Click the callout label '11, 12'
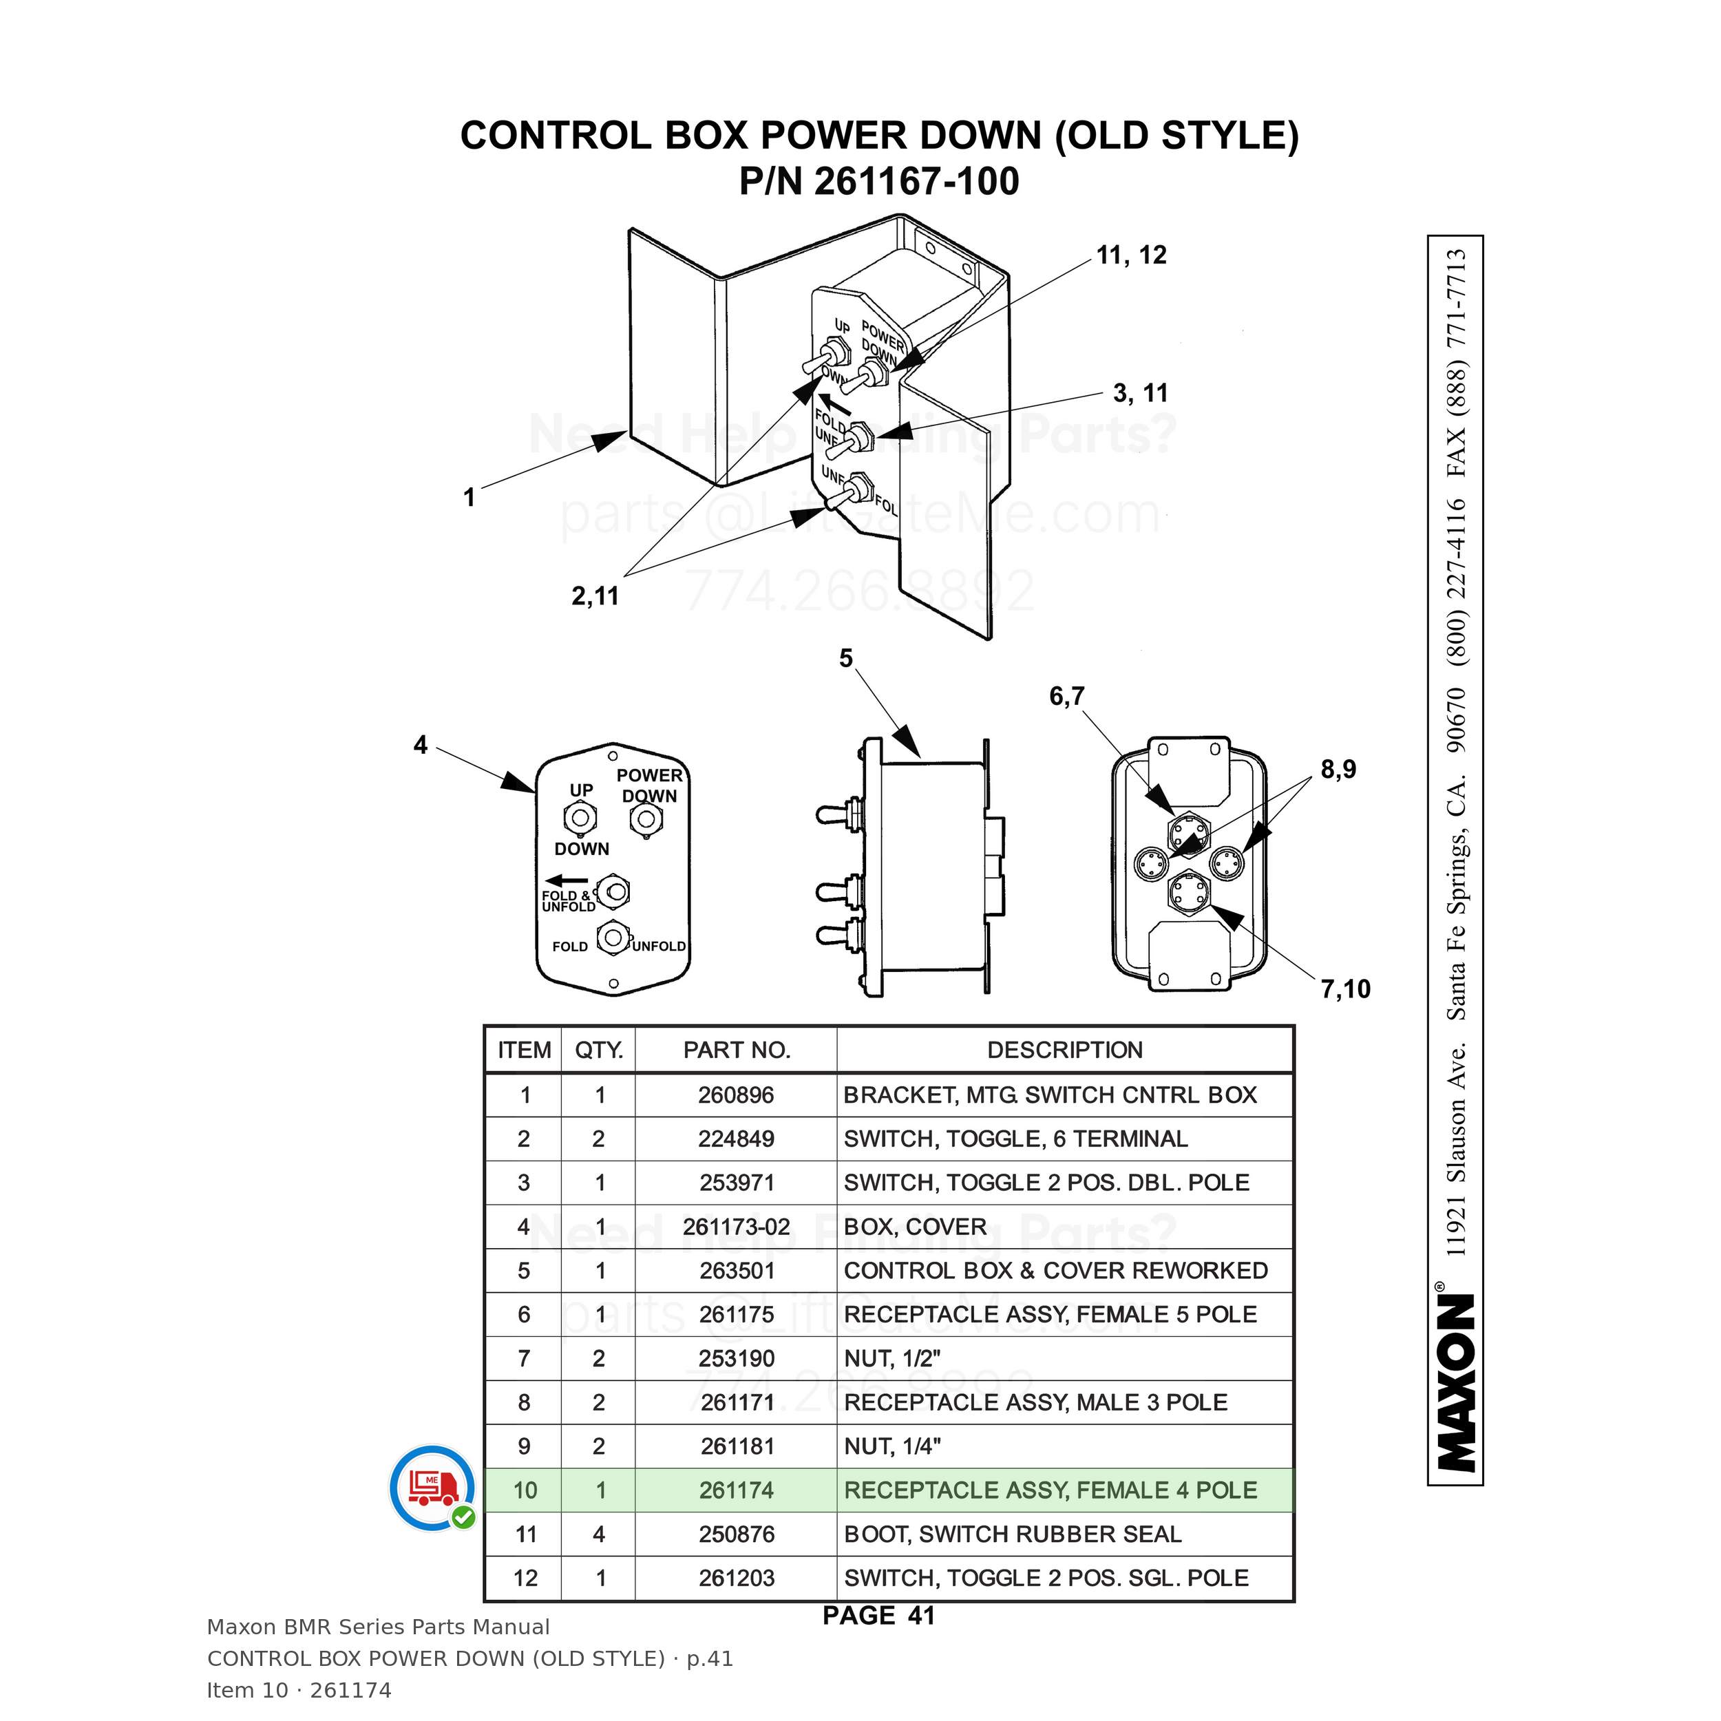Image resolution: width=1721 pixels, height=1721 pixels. coord(1130,255)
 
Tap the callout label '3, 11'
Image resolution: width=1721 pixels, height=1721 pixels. coord(1140,393)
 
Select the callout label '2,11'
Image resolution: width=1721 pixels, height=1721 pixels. coord(595,596)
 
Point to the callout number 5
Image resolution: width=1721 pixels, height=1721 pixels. coord(845,658)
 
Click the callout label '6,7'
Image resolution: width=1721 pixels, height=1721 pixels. coord(1066,697)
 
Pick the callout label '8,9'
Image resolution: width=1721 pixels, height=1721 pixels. coord(1338,770)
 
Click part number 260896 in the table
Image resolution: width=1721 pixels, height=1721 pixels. coord(736,1095)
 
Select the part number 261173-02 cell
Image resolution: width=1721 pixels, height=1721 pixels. coord(736,1227)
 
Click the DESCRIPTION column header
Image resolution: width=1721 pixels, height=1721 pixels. coord(1064,1050)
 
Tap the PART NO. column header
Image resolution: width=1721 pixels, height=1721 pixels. coord(737,1050)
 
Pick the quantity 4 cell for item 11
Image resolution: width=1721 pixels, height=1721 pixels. coord(599,1534)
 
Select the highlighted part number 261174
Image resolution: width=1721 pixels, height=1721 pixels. coord(736,1490)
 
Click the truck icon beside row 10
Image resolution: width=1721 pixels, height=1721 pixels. coord(433,1487)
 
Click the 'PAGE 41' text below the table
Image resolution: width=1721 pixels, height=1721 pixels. coord(878,1615)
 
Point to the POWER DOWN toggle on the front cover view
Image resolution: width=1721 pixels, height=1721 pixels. coord(646,819)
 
